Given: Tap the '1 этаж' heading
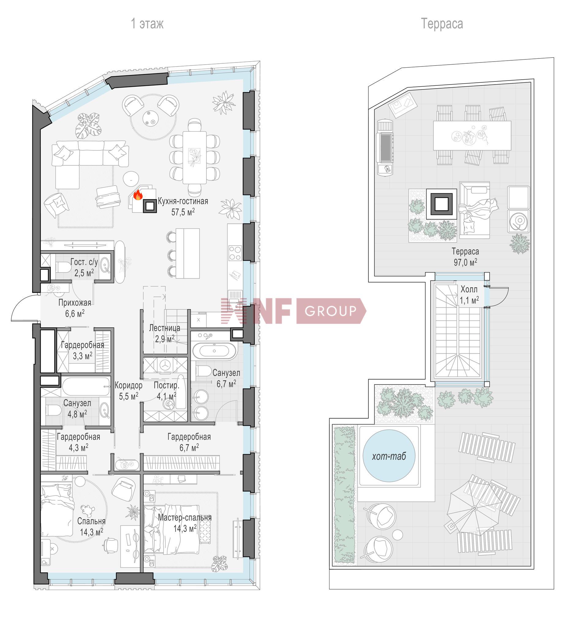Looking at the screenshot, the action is click(147, 24).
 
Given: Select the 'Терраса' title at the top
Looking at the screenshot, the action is click(442, 24).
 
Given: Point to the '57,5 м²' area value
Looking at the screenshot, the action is click(183, 212).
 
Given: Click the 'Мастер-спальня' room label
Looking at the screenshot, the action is click(185, 517).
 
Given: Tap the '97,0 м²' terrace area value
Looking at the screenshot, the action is click(465, 262).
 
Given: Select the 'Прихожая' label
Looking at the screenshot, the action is click(75, 303).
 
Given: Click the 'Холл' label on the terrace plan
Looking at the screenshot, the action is click(469, 289).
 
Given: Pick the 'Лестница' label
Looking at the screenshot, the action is click(164, 328).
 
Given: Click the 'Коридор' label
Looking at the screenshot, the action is click(129, 385).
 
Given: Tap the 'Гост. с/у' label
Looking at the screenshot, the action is click(84, 262).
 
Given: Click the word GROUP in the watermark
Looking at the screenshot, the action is click(330, 311).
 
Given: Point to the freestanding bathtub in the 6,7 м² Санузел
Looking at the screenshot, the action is click(214, 351).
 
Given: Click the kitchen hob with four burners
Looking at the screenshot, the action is click(235, 253).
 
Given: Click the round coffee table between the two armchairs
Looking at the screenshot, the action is click(151, 118).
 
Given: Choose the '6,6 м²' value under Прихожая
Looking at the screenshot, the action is click(75, 314).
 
